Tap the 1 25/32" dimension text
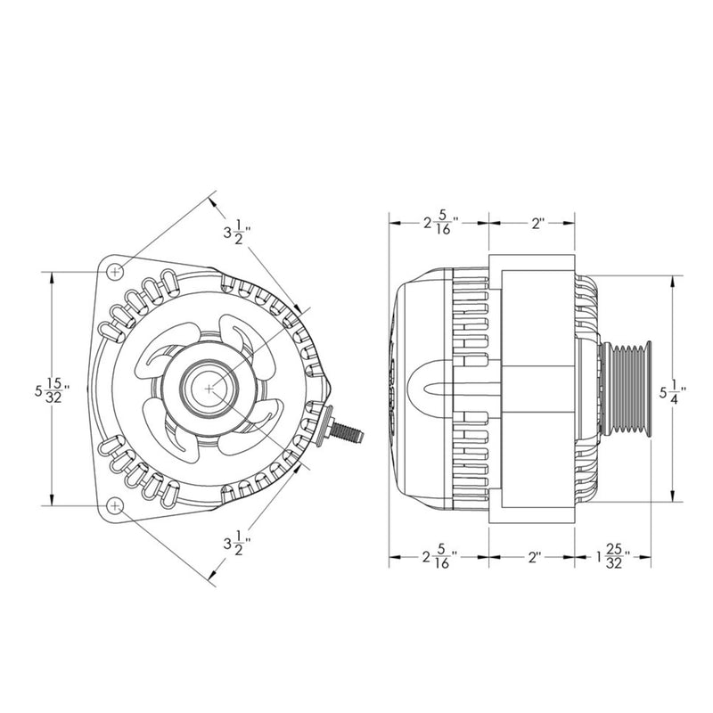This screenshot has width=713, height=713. click(x=611, y=558)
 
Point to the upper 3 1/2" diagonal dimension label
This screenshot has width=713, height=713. click(x=237, y=234)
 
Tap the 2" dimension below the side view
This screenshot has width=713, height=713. click(x=535, y=558)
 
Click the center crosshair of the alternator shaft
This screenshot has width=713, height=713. click(x=209, y=389)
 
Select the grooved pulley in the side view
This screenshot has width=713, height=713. click(x=629, y=389)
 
